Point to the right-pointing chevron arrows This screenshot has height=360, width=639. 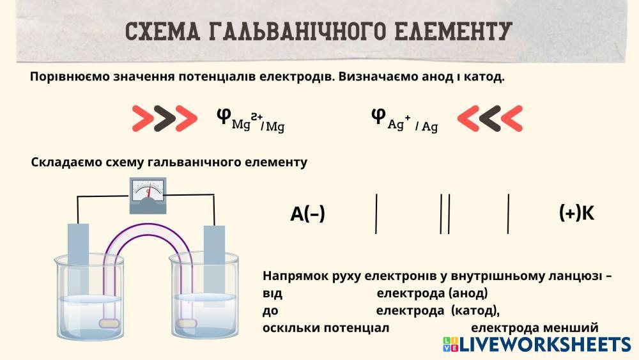point(164,118)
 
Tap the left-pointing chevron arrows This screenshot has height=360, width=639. point(490,118)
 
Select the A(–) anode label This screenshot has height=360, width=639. point(307,214)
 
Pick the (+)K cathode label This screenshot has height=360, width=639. point(576,213)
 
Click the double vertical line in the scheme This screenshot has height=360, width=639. point(445,213)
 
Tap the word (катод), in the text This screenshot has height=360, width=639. point(475,311)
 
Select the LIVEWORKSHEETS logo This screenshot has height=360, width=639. point(536,345)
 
